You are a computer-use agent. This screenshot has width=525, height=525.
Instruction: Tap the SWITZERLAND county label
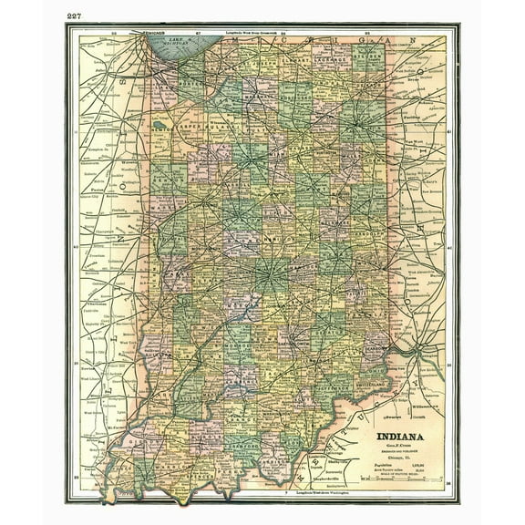point(376,383)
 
